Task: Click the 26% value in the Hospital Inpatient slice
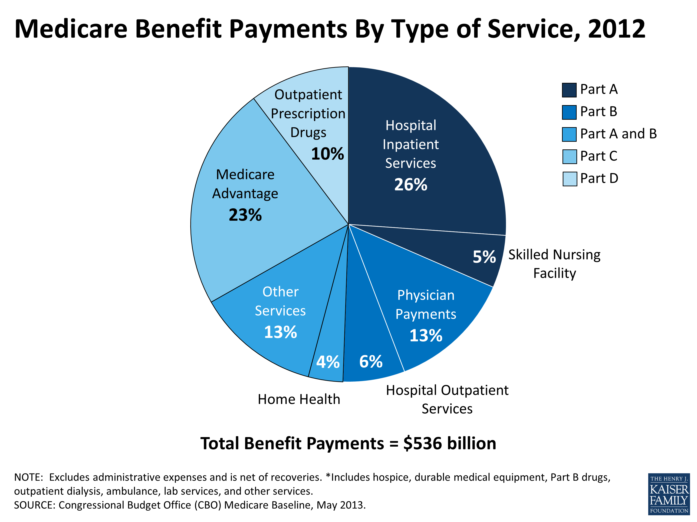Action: [411, 184]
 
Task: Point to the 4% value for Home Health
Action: [328, 362]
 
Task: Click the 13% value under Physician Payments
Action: [426, 335]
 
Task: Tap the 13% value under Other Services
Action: [280, 332]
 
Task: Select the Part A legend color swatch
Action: [569, 90]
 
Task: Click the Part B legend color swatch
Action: [569, 112]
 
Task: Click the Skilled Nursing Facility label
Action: [554, 264]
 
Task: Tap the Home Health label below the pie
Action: [299, 399]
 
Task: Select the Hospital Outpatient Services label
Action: [447, 399]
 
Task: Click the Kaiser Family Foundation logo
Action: [669, 494]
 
